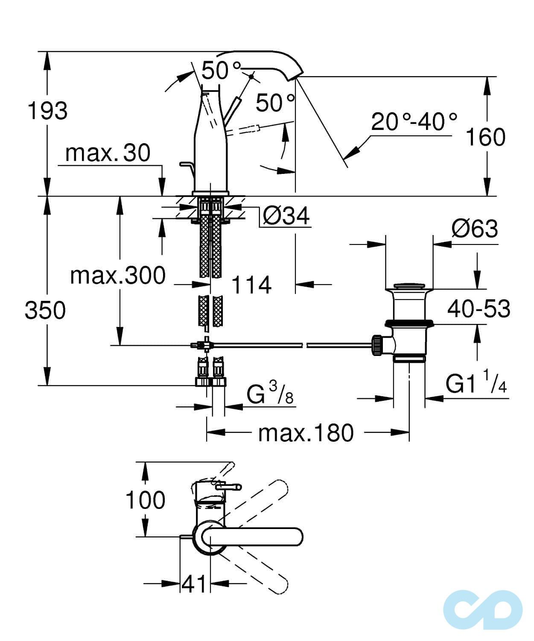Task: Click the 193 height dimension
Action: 47,111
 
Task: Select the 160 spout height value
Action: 485,137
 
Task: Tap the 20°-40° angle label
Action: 414,122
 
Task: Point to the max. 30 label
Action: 108,153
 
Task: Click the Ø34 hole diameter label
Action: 286,216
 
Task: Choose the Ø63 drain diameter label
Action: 474,229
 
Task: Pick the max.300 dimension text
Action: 118,275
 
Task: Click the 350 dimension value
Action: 45,310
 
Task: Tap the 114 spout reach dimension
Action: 251,285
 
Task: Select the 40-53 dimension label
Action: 479,309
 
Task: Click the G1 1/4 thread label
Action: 476,384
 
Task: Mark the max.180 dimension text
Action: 306,433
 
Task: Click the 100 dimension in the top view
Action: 145,500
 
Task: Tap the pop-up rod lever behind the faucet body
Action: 185,167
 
